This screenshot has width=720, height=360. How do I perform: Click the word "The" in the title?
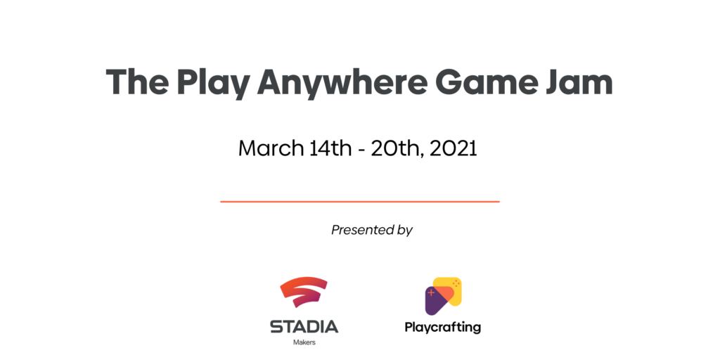pyautogui.click(x=136, y=82)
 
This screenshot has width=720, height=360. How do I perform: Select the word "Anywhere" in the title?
pyautogui.click(x=341, y=84)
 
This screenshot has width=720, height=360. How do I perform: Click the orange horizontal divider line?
pyautogui.click(x=359, y=201)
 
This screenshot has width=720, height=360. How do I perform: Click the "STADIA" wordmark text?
pyautogui.click(x=304, y=326)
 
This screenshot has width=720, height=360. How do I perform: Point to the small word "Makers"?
pyautogui.click(x=304, y=342)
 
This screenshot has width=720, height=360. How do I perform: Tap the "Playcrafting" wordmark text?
pyautogui.click(x=443, y=328)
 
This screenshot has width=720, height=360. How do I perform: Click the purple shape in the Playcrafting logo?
pyautogui.click(x=433, y=304)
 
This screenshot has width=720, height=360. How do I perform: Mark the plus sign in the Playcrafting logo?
pyautogui.click(x=431, y=292)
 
